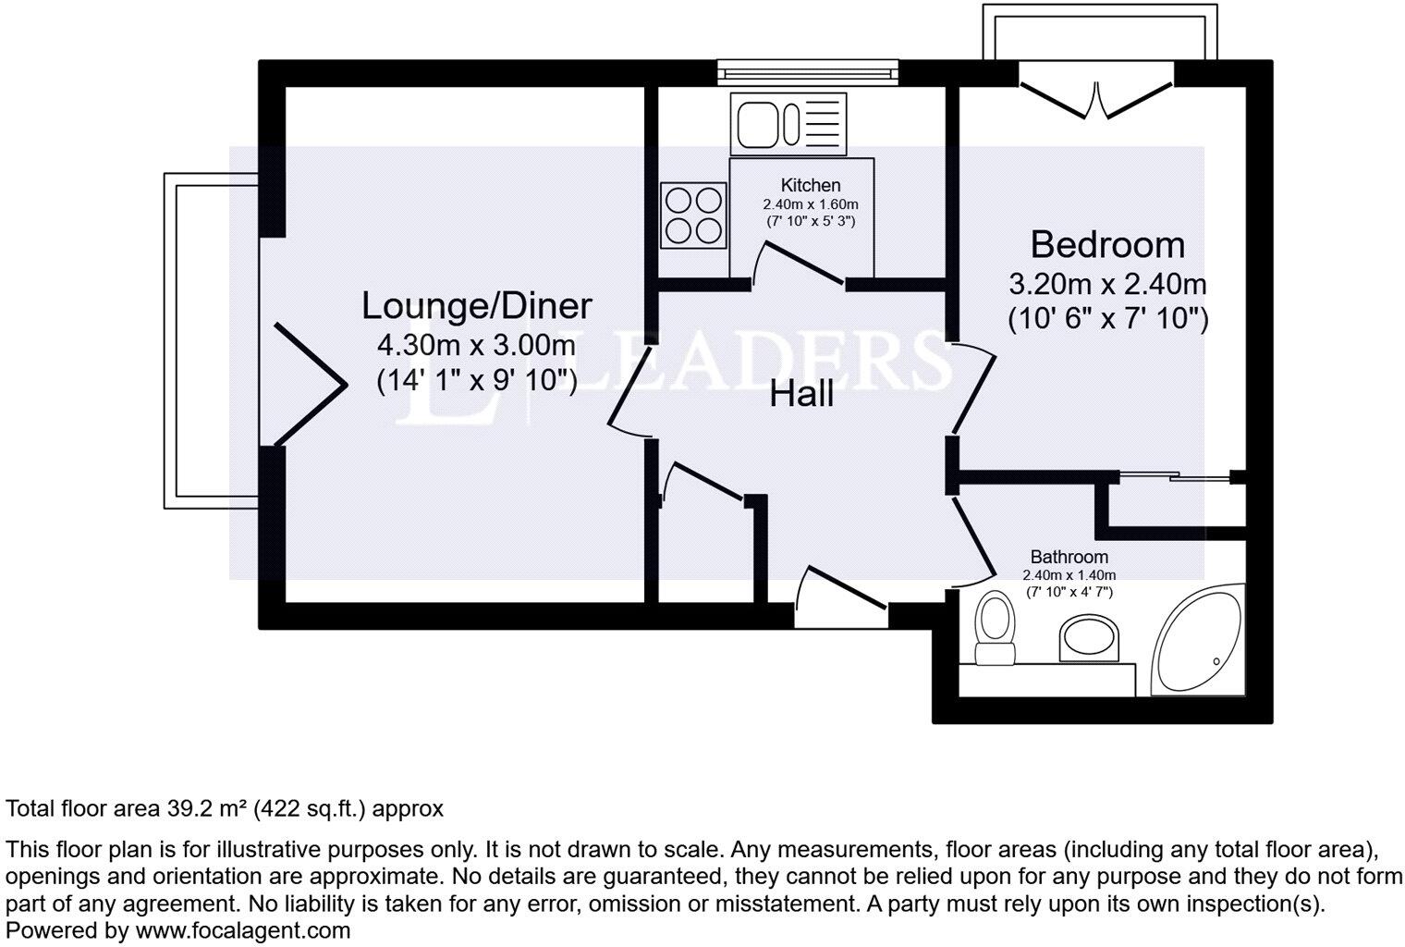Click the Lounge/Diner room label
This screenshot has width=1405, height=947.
pyautogui.click(x=476, y=305)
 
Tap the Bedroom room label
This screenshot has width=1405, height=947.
pyautogui.click(x=1107, y=245)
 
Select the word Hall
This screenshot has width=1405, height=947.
pyautogui.click(x=801, y=395)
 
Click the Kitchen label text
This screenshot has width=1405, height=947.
pyautogui.click(x=811, y=185)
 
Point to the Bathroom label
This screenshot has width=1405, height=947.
pyautogui.click(x=1069, y=557)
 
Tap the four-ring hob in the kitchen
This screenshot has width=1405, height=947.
pyautogui.click(x=692, y=215)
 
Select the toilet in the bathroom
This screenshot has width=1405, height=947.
pyautogui.click(x=995, y=629)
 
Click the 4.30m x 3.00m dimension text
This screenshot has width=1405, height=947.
pyautogui.click(x=476, y=346)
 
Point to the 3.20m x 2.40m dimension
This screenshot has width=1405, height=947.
pyautogui.click(x=1107, y=283)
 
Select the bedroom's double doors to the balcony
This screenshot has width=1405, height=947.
pyautogui.click(x=1096, y=101)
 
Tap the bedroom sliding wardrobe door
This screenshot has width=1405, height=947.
pyautogui.click(x=1174, y=477)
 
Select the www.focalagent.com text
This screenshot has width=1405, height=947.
pyautogui.click(x=243, y=930)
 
